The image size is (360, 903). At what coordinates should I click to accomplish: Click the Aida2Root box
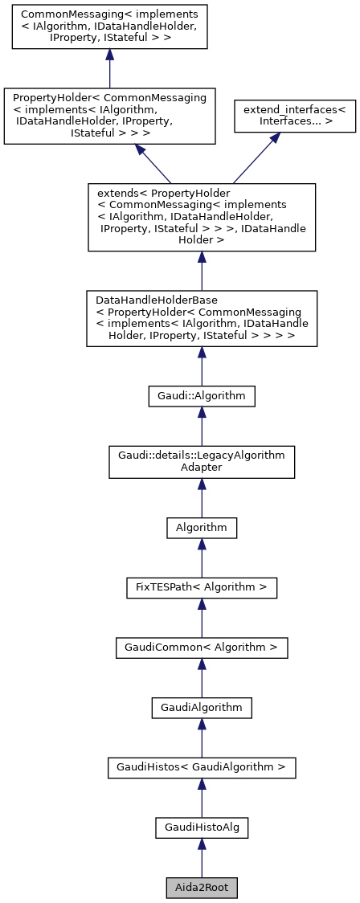click(x=202, y=888)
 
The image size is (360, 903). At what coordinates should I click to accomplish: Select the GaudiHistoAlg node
click(x=202, y=827)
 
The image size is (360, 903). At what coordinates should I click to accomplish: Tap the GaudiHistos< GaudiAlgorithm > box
click(x=202, y=767)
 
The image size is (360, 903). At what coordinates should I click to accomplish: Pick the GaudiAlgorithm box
click(x=202, y=707)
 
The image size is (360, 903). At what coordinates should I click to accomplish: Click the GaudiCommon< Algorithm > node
click(x=202, y=647)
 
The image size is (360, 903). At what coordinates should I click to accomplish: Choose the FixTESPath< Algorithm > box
click(x=202, y=587)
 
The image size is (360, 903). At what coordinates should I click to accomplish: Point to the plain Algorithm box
click(x=202, y=527)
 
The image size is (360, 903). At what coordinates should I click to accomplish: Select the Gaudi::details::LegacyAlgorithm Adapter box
click(x=202, y=461)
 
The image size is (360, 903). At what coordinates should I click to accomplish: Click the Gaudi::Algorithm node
click(x=202, y=395)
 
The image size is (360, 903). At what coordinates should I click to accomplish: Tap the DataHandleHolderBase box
click(x=202, y=318)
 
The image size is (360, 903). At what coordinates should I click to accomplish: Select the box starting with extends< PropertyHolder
click(x=202, y=217)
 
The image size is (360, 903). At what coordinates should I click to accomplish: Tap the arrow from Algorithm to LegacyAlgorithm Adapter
click(x=202, y=498)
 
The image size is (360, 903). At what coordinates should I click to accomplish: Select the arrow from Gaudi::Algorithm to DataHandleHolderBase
click(x=202, y=366)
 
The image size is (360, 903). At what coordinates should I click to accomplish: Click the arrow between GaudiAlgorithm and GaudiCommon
click(x=202, y=677)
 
